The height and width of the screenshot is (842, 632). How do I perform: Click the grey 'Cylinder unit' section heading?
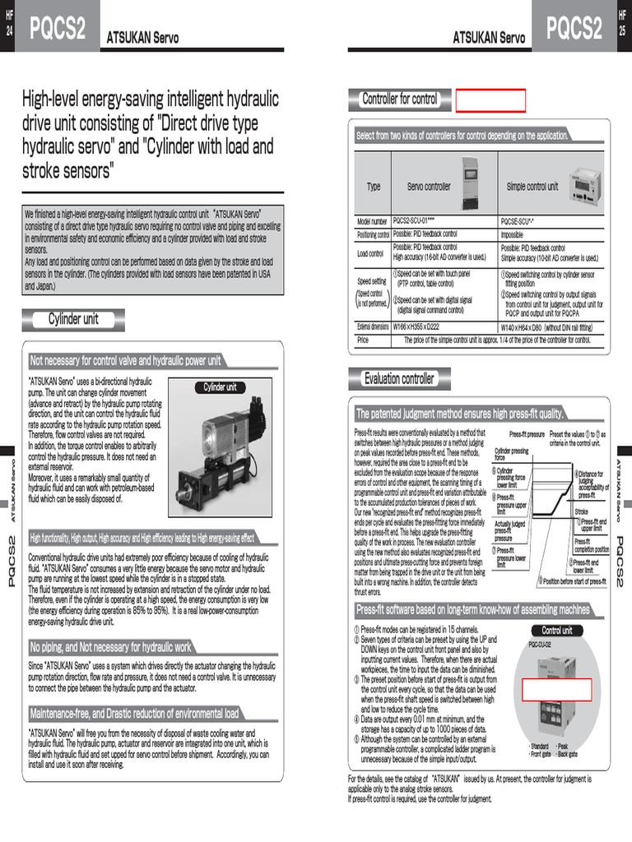(x=73, y=320)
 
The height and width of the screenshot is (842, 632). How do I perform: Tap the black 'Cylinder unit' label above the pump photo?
(x=220, y=387)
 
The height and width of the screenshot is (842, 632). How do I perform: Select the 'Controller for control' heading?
(x=400, y=100)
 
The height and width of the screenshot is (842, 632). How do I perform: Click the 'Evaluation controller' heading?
(x=399, y=379)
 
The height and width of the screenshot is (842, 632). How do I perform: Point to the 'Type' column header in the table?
(x=374, y=187)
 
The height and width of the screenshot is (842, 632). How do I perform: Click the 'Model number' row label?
(x=372, y=222)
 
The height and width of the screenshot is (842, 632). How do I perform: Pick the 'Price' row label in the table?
(x=363, y=340)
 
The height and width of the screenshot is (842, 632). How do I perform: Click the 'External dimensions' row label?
(x=373, y=327)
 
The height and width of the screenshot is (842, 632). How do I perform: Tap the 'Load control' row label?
(x=370, y=253)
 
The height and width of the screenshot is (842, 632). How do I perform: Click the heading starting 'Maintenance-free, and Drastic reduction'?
(x=134, y=714)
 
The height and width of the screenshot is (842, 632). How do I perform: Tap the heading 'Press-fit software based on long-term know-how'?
(x=472, y=610)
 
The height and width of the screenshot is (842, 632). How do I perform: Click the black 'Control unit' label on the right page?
(x=557, y=631)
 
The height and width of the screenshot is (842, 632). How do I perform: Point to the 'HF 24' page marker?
(x=9, y=24)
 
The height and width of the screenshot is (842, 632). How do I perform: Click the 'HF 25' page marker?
(x=622, y=24)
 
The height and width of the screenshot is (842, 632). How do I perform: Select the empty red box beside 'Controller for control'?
(x=490, y=100)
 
